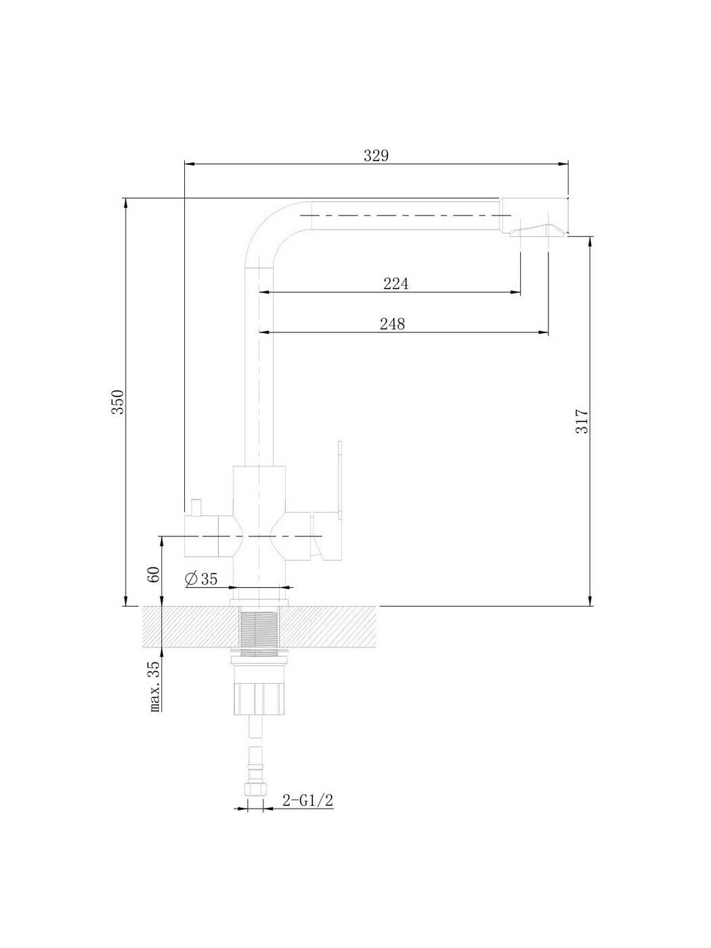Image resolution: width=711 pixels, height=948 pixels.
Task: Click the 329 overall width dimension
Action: pyautogui.click(x=376, y=156)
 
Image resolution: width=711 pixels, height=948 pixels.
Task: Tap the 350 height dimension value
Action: pyautogui.click(x=118, y=402)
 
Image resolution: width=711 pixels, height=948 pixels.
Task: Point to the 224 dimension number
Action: pyautogui.click(x=396, y=284)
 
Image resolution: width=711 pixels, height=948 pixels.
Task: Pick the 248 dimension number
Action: pyautogui.click(x=393, y=324)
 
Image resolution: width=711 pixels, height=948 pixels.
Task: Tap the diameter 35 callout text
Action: pyautogui.click(x=201, y=579)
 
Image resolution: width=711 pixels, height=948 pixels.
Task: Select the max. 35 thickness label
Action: pyautogui.click(x=154, y=685)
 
